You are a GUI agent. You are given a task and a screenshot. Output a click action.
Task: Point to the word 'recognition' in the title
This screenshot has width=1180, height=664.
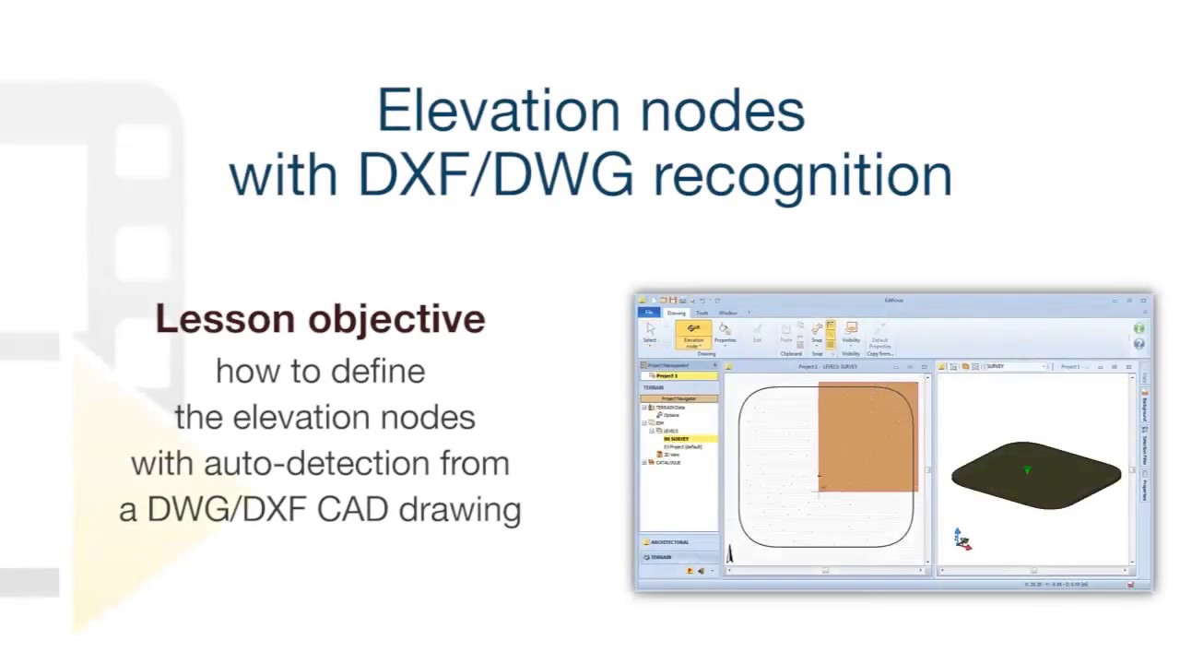point(803,174)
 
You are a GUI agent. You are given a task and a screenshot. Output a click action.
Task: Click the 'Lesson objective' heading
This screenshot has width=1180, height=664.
point(320,319)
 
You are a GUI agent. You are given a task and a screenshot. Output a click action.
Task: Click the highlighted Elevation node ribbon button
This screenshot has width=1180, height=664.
point(693,334)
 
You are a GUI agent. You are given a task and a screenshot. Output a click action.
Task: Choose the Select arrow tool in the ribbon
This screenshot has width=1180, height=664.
point(650,332)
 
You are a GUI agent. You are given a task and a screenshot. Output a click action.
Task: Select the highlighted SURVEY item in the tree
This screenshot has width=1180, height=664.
point(678,439)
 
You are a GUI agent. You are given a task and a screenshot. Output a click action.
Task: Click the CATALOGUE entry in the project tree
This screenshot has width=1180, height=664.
point(668,462)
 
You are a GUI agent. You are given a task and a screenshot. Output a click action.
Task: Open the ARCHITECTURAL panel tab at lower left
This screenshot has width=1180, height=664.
point(671,542)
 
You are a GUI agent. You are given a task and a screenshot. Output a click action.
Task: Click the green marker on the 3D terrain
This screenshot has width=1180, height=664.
point(1028,470)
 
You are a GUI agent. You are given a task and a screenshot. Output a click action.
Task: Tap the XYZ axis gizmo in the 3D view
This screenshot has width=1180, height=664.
point(962,539)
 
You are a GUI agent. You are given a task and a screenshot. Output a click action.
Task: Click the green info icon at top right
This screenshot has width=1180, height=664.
point(1139,328)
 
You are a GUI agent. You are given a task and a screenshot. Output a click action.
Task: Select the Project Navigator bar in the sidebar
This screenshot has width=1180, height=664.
point(679,398)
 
